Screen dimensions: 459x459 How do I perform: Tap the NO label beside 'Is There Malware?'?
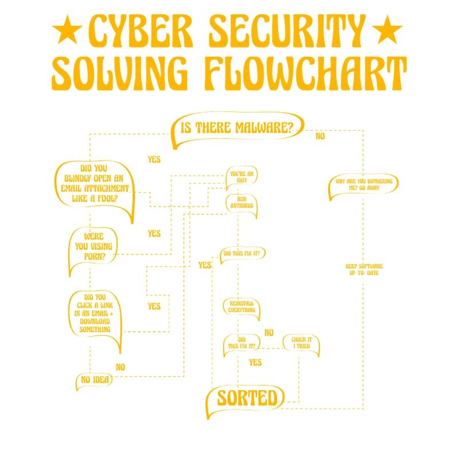tap(320, 136)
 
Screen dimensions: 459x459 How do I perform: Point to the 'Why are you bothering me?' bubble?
tap(364, 185)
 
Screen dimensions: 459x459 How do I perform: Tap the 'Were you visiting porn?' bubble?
tap(94, 246)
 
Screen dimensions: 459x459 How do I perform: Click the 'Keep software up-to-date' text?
tap(364, 269)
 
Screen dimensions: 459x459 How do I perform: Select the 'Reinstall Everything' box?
tap(242, 306)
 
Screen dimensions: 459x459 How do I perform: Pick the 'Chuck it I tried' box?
tap(301, 343)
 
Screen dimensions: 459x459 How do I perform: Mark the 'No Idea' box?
tap(94, 380)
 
